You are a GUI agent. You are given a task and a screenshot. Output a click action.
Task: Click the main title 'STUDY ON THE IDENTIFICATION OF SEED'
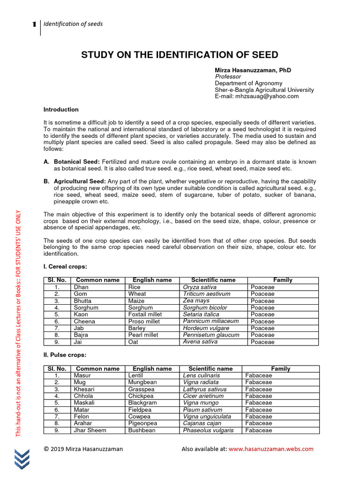point(180,54)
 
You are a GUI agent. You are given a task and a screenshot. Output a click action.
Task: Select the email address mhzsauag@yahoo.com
point(256,96)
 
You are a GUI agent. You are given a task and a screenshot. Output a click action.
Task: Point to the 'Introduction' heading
point(61,110)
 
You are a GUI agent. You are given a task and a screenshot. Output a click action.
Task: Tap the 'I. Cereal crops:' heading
point(65,267)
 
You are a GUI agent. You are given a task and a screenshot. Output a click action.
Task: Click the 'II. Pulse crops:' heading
point(65,355)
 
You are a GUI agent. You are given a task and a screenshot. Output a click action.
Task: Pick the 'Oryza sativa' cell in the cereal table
point(200,287)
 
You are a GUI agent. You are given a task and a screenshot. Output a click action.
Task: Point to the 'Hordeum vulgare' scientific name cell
point(206,328)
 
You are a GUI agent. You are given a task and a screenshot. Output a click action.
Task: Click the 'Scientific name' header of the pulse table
point(210,369)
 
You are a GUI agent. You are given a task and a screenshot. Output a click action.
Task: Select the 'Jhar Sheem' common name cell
point(90,430)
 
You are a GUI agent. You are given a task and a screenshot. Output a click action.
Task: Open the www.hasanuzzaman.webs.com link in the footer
point(271,449)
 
